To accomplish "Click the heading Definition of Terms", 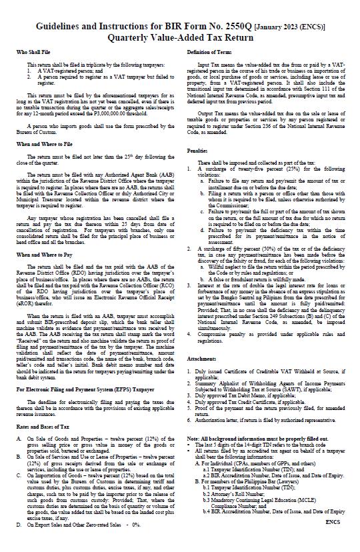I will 211,51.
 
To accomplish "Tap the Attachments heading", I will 204,377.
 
